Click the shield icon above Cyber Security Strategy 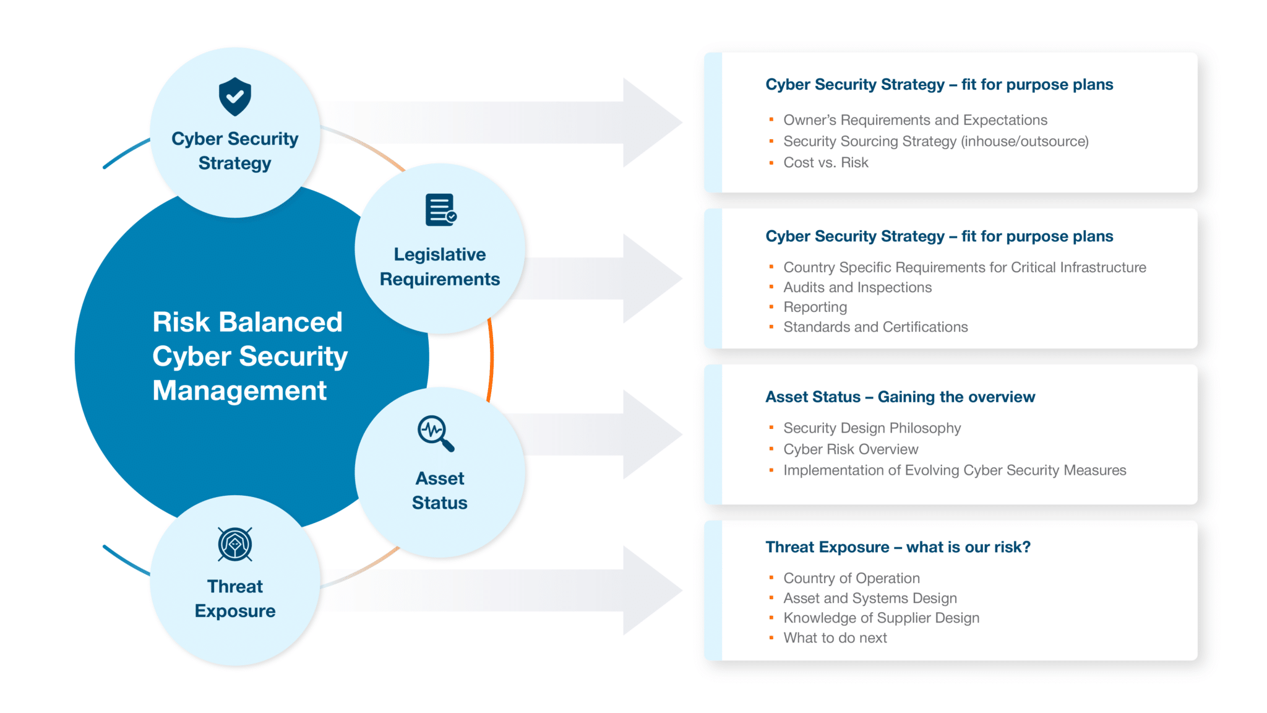click(x=234, y=97)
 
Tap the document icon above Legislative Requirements click(x=440, y=210)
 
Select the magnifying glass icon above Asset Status click(x=436, y=433)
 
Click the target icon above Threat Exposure click(x=234, y=545)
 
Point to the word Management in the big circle click(x=239, y=391)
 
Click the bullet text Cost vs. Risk click(x=825, y=163)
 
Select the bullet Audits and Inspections click(x=857, y=287)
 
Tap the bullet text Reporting click(x=815, y=307)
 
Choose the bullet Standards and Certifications click(x=875, y=327)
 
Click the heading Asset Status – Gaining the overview click(x=900, y=397)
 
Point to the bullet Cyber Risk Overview click(x=850, y=449)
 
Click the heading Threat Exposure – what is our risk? click(x=898, y=547)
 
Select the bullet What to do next click(x=835, y=637)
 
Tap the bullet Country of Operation click(x=851, y=578)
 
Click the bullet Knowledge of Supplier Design click(x=881, y=618)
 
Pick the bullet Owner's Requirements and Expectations click(x=915, y=120)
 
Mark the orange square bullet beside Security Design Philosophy click(x=771, y=428)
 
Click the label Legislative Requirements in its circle click(x=440, y=267)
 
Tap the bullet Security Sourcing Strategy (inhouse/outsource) click(x=935, y=142)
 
